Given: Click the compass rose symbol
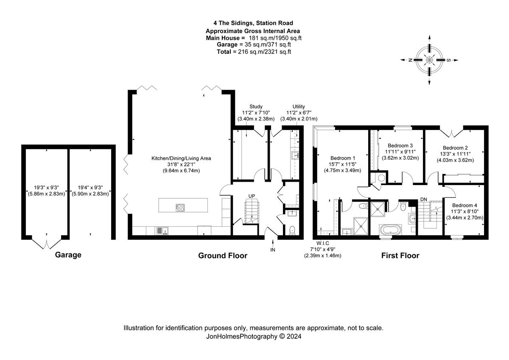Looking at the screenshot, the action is [429, 60].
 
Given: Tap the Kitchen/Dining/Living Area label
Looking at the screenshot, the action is [181, 158].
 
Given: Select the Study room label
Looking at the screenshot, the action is [256, 107].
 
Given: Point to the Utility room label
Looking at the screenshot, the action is [299, 107].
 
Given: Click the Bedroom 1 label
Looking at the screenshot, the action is [339, 158].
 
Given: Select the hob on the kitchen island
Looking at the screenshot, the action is [180, 208].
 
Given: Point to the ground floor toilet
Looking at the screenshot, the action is [292, 230].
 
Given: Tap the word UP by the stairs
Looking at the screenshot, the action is [252, 196].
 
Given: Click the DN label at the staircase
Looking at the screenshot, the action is [423, 199].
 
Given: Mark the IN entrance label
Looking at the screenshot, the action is [273, 250].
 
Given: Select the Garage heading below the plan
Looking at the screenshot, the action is [68, 255].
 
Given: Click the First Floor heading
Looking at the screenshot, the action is [400, 256].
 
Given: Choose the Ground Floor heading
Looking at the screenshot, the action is [223, 256].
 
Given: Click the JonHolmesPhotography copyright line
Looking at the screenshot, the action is [254, 336].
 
